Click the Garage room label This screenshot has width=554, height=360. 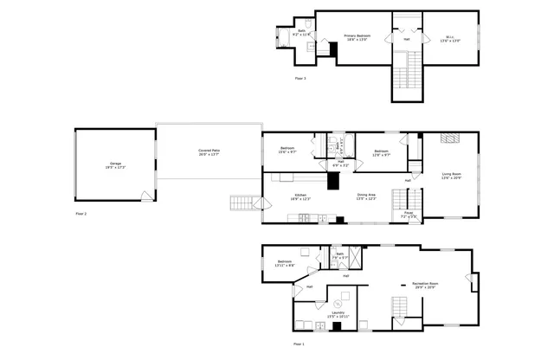(x=116, y=164)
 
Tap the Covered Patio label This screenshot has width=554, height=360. (x=209, y=152)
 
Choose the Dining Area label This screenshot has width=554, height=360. (x=366, y=196)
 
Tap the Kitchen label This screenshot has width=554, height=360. (x=300, y=197)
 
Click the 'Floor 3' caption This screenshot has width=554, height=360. (x=300, y=79)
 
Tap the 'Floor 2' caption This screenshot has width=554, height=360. (x=81, y=213)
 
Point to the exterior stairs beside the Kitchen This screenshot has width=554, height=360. (x=244, y=203)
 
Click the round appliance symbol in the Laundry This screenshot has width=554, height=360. (x=338, y=304)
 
